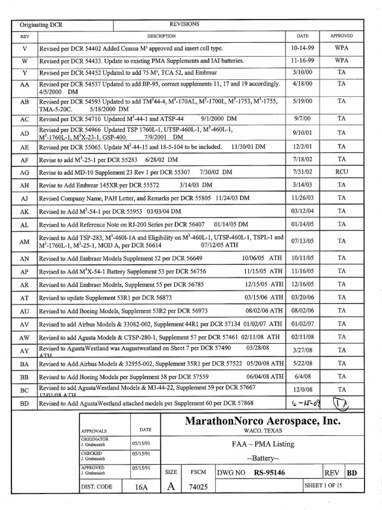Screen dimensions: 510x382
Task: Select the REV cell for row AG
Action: coord(25,172)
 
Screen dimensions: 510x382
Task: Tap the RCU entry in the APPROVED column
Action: coord(341,172)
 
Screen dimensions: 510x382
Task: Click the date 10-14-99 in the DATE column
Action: coord(302,49)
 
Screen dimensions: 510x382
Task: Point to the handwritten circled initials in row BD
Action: coord(342,402)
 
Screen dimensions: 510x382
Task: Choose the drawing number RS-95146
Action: coord(269,473)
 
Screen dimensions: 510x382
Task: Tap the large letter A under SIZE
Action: coord(171,486)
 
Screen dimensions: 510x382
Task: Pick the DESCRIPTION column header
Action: coord(161,36)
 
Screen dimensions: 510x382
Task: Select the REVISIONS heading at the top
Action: coord(185,24)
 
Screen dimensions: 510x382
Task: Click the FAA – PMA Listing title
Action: coord(263,444)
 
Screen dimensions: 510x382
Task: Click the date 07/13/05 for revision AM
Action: coord(302,241)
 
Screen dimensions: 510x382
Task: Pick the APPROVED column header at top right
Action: coord(341,36)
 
